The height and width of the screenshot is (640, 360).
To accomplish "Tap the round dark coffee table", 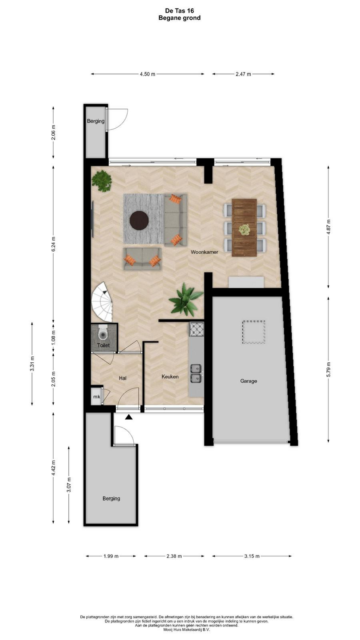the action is (139, 220).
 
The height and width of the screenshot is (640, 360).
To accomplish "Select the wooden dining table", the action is (244, 228).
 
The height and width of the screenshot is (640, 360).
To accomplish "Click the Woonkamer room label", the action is (204, 252).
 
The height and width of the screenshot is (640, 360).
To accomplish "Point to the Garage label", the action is (248, 381).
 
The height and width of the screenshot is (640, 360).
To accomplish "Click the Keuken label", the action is (170, 376).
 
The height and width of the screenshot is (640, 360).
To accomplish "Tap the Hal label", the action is (122, 378).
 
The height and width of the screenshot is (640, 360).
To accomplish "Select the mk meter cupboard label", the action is (96, 396).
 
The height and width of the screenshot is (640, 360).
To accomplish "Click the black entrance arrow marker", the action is (129, 418).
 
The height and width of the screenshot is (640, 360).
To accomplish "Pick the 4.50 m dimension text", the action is (148, 74).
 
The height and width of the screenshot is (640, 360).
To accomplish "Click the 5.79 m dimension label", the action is (328, 370).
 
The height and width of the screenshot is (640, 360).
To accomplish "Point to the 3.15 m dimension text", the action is (252, 556).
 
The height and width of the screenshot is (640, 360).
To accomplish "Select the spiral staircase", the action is (102, 302).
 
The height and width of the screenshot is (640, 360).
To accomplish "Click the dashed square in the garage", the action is (254, 332).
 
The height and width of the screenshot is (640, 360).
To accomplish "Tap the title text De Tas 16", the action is (180, 10).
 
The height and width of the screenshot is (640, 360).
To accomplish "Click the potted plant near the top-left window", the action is (102, 180).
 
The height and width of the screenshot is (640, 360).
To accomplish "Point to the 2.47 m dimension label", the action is (243, 74).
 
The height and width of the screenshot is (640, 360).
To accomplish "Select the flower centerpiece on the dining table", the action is (244, 230).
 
